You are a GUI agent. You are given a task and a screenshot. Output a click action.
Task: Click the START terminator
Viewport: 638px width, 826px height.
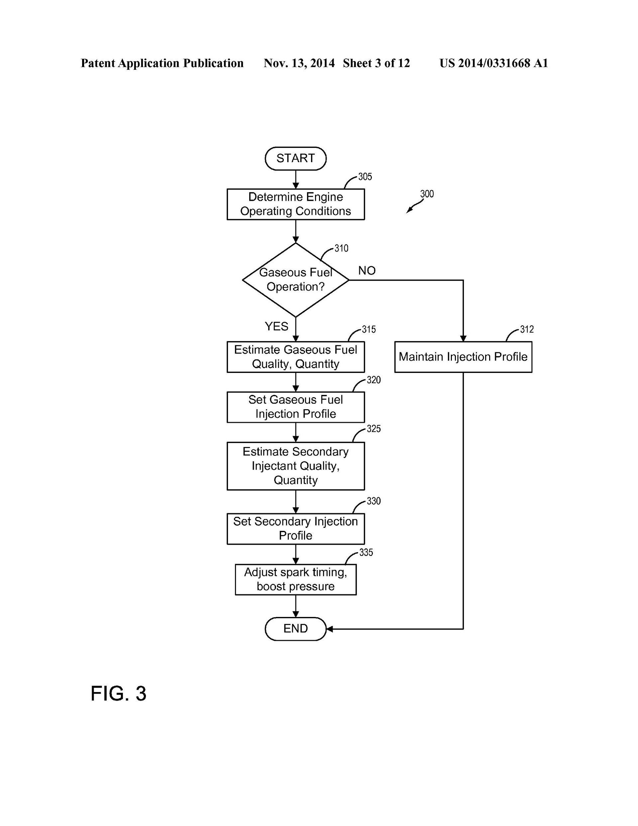click(x=295, y=159)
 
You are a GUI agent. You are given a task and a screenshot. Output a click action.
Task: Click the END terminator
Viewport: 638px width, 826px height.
click(x=295, y=629)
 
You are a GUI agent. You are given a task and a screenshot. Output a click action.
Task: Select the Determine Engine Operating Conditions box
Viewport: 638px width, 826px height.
click(x=295, y=204)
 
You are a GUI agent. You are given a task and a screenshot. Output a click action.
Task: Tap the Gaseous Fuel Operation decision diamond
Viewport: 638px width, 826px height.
click(x=295, y=280)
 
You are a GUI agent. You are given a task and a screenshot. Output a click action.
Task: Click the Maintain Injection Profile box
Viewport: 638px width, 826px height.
click(x=463, y=357)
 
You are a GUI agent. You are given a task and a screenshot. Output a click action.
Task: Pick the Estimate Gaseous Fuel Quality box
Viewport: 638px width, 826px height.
click(x=295, y=357)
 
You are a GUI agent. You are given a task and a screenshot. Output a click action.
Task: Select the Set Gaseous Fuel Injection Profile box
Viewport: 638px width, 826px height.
click(x=295, y=407)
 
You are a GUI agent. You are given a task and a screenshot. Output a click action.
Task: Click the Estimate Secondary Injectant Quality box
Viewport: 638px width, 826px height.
click(x=295, y=466)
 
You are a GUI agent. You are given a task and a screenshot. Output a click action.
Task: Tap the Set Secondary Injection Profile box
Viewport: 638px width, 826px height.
click(x=295, y=529)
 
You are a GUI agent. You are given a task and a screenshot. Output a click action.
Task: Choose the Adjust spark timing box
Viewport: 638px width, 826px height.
click(x=295, y=579)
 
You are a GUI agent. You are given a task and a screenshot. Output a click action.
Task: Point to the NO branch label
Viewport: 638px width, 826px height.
click(x=367, y=271)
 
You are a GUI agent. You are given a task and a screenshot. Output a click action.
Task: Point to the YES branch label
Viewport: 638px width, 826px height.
click(x=276, y=326)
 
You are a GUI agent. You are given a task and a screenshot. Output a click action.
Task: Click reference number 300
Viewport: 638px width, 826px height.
click(x=427, y=194)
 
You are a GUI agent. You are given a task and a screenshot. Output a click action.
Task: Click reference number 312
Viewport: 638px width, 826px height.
click(x=526, y=329)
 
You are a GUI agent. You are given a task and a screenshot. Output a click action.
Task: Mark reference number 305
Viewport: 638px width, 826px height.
click(x=365, y=177)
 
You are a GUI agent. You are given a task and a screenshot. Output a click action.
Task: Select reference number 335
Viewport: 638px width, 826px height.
click(x=366, y=552)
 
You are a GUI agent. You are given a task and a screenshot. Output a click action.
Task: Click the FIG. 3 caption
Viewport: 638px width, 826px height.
click(x=118, y=694)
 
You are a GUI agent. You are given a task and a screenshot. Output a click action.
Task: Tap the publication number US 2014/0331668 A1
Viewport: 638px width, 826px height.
click(x=493, y=63)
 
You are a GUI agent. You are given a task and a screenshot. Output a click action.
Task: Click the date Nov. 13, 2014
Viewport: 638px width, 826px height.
click(x=299, y=63)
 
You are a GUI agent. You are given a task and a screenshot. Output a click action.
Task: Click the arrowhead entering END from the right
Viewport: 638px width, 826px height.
click(x=329, y=629)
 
